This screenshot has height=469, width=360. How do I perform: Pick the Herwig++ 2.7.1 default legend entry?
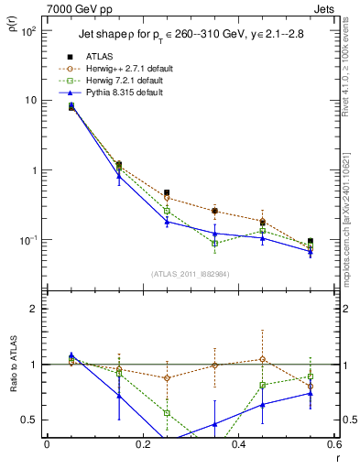click(x=128, y=69)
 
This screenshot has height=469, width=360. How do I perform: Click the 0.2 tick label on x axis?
click(x=142, y=444)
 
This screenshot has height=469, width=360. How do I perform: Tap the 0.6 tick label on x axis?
click(x=333, y=444)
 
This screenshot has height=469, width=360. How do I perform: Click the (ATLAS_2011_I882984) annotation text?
click(x=190, y=274)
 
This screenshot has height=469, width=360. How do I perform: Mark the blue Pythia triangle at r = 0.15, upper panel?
click(x=118, y=176)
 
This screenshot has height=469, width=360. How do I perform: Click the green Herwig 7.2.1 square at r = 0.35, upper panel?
click(x=214, y=244)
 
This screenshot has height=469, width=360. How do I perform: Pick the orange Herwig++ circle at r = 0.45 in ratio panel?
click(x=263, y=359)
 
